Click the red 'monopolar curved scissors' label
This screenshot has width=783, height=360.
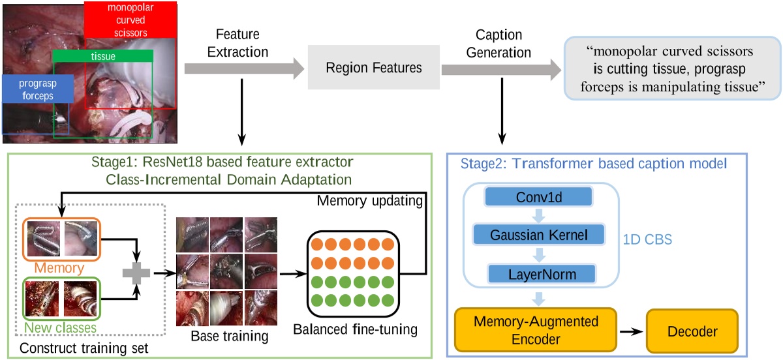point(130,20)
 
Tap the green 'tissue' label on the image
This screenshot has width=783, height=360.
point(102,57)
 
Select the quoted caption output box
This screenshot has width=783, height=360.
point(672,68)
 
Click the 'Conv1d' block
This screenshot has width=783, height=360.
point(537,196)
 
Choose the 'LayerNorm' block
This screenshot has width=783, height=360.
point(537,273)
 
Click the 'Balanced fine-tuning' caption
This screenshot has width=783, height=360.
point(354,329)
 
